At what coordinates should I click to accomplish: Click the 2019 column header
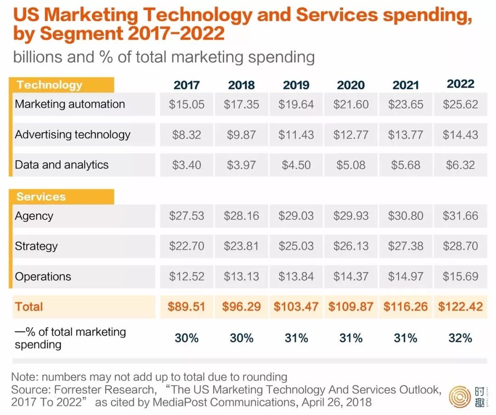pyautogui.click(x=296, y=85)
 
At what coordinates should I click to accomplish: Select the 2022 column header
pyautogui.click(x=460, y=84)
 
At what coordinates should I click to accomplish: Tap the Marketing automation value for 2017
pyautogui.click(x=186, y=104)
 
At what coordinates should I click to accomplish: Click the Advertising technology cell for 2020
pyautogui.click(x=351, y=135)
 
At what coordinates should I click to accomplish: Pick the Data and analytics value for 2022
pyautogui.click(x=460, y=165)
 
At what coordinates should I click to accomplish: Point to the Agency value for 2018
pyautogui.click(x=242, y=216)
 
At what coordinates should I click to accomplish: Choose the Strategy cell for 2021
pyautogui.click(x=406, y=246)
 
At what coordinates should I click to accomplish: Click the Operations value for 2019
pyautogui.click(x=296, y=276)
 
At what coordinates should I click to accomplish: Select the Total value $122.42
pyautogui.click(x=460, y=307)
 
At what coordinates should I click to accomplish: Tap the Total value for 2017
pyautogui.click(x=186, y=307)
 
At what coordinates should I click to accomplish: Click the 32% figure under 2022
pyautogui.click(x=460, y=338)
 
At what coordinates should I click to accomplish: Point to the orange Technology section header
pyautogui.click(x=50, y=85)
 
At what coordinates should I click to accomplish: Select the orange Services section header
pyautogui.click(x=41, y=197)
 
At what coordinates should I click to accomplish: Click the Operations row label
pyautogui.click(x=43, y=276)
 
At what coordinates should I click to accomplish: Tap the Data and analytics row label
pyautogui.click(x=62, y=165)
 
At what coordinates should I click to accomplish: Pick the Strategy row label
pyautogui.click(x=36, y=246)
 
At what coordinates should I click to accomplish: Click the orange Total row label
pyautogui.click(x=29, y=307)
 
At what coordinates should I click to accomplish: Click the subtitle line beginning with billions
pyautogui.click(x=163, y=57)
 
